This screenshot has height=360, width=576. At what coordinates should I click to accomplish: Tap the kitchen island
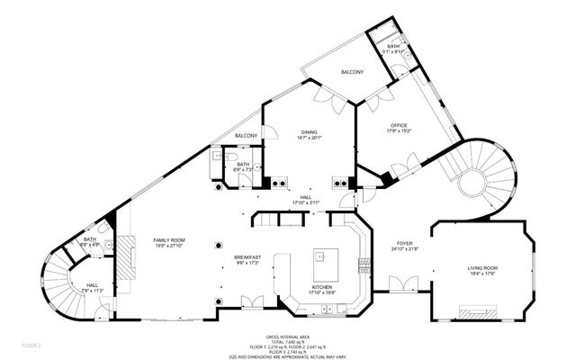click(322, 264)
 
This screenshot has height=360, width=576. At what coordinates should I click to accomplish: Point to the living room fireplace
click(479, 312)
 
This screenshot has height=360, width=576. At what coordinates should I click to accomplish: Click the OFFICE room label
click(399, 125)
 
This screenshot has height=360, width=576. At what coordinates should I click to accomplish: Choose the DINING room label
click(309, 131)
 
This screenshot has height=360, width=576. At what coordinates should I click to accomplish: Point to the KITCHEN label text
click(322, 287)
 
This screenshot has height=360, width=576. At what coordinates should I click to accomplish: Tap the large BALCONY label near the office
click(351, 71)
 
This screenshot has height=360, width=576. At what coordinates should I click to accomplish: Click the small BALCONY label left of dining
click(246, 135)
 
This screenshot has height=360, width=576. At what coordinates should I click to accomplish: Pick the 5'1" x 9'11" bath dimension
click(394, 51)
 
